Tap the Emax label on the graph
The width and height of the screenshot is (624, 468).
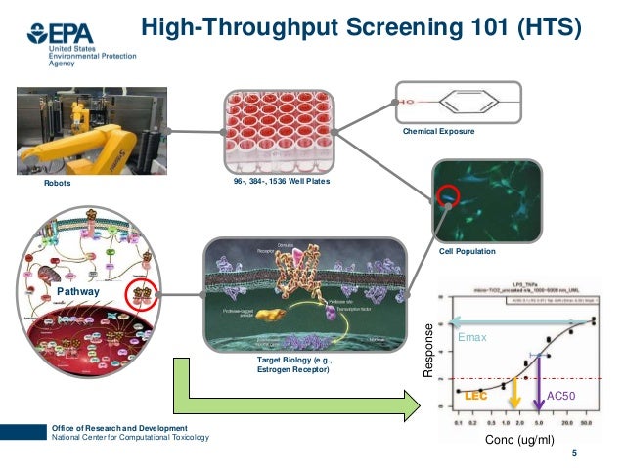[x=472, y=336]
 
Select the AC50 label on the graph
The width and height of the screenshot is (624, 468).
[x=563, y=395]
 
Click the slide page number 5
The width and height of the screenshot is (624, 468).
[x=574, y=452]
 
